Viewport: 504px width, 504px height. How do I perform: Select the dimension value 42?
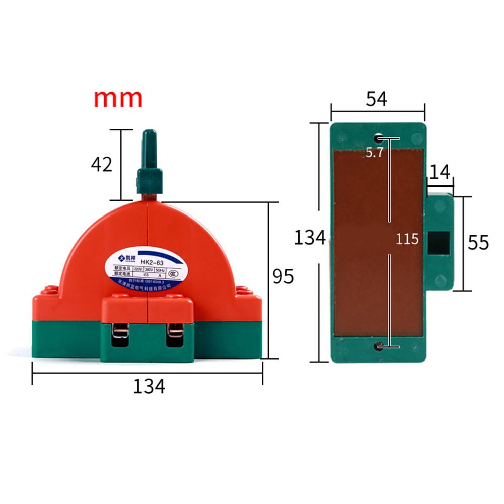point(101,164)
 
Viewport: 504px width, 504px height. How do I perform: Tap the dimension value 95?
point(283,276)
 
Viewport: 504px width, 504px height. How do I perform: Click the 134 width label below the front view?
point(149,386)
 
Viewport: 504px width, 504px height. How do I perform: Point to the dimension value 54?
point(376,99)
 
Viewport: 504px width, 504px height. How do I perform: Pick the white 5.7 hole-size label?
point(375,153)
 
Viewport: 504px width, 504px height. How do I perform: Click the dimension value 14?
point(440,171)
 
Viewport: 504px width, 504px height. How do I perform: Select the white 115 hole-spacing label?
point(407,239)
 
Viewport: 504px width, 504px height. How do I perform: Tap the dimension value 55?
point(478,243)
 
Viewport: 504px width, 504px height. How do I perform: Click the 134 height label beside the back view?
point(310,237)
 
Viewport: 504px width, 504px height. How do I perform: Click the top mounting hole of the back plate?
point(378,138)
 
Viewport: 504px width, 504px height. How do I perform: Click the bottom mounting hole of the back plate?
point(378,346)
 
